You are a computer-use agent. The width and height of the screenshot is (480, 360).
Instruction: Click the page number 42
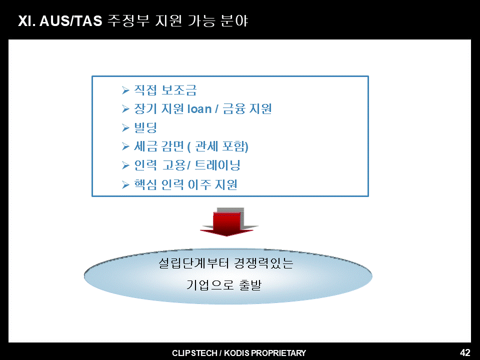[465, 352]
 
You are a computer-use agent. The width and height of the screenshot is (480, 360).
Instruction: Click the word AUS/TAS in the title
[70, 21]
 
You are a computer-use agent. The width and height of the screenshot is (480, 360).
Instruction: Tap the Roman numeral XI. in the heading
[26, 21]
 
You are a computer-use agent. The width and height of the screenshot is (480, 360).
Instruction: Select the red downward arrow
[226, 223]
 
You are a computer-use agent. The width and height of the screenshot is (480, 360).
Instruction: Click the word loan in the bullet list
[199, 109]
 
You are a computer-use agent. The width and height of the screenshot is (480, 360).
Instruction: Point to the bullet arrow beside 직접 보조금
[125, 90]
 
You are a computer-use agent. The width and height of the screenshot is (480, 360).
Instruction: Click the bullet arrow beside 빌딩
[125, 127]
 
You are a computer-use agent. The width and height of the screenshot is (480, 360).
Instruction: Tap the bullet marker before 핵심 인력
[125, 184]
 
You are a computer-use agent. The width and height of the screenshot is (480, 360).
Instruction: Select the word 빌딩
[145, 127]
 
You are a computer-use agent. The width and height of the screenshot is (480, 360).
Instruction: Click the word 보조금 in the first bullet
[179, 90]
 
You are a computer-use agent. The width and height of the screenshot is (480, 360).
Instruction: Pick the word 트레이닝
[217, 165]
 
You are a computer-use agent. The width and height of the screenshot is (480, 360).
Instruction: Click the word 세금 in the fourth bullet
[145, 146]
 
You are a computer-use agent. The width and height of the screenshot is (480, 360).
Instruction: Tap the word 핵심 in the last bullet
[145, 184]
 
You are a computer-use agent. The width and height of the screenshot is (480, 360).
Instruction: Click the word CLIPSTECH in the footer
[194, 353]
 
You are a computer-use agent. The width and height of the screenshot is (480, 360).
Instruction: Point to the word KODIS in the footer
[236, 353]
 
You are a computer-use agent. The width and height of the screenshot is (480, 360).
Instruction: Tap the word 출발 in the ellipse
[250, 284]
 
